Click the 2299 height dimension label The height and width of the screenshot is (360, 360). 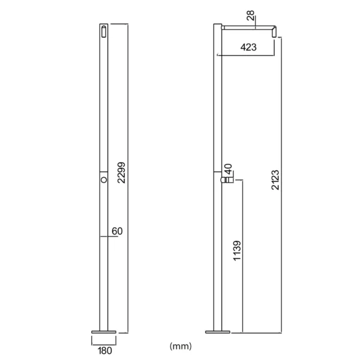point(121,173)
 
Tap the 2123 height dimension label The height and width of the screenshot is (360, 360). point(275,180)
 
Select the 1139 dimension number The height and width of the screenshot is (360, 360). point(237,250)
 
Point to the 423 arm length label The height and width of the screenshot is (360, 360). point(248,47)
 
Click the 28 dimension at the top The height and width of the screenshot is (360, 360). point(251,16)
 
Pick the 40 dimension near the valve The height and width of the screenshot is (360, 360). point(228,169)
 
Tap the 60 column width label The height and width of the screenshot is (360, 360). point(117,231)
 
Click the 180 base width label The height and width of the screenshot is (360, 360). point(105,350)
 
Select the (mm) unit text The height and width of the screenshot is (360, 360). point(181,346)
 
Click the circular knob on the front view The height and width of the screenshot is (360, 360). point(104,180)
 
